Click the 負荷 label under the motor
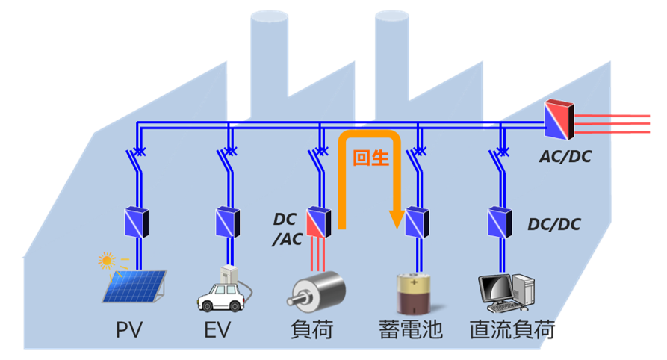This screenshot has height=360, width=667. pos(314,329)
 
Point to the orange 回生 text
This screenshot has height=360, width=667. pos(370,160)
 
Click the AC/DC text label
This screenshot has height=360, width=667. pos(565,158)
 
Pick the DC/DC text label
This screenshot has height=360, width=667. pos(553,223)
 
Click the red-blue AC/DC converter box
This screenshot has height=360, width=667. pos(559,120)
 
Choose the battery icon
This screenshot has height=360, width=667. pos(417,294)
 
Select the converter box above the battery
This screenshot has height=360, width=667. pos(417,221)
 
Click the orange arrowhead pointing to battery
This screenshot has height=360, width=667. pos(397,221)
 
